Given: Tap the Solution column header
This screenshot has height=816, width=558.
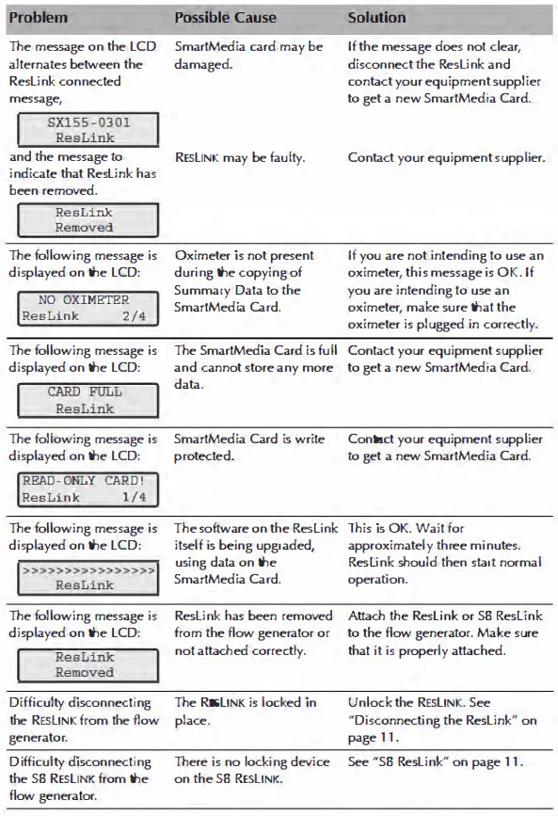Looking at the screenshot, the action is [x=376, y=18].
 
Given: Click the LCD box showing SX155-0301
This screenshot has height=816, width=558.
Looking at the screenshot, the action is [x=84, y=130].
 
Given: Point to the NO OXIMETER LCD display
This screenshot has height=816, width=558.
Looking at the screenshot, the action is [x=84, y=308].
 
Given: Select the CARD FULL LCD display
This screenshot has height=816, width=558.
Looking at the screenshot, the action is [x=84, y=400].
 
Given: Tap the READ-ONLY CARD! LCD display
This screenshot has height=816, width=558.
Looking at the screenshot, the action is [x=84, y=488].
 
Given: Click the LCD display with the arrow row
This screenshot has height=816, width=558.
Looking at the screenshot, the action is [x=84, y=577].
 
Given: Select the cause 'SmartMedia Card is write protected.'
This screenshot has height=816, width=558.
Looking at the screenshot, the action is [x=248, y=447].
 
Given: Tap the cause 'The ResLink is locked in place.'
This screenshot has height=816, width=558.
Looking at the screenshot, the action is [x=245, y=712].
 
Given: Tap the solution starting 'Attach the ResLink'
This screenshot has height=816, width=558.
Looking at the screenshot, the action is [x=442, y=633].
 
